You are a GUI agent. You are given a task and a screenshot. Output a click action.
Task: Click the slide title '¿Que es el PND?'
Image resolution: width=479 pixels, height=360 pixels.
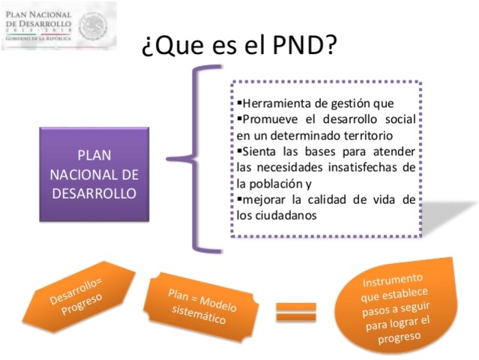point(238,46)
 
